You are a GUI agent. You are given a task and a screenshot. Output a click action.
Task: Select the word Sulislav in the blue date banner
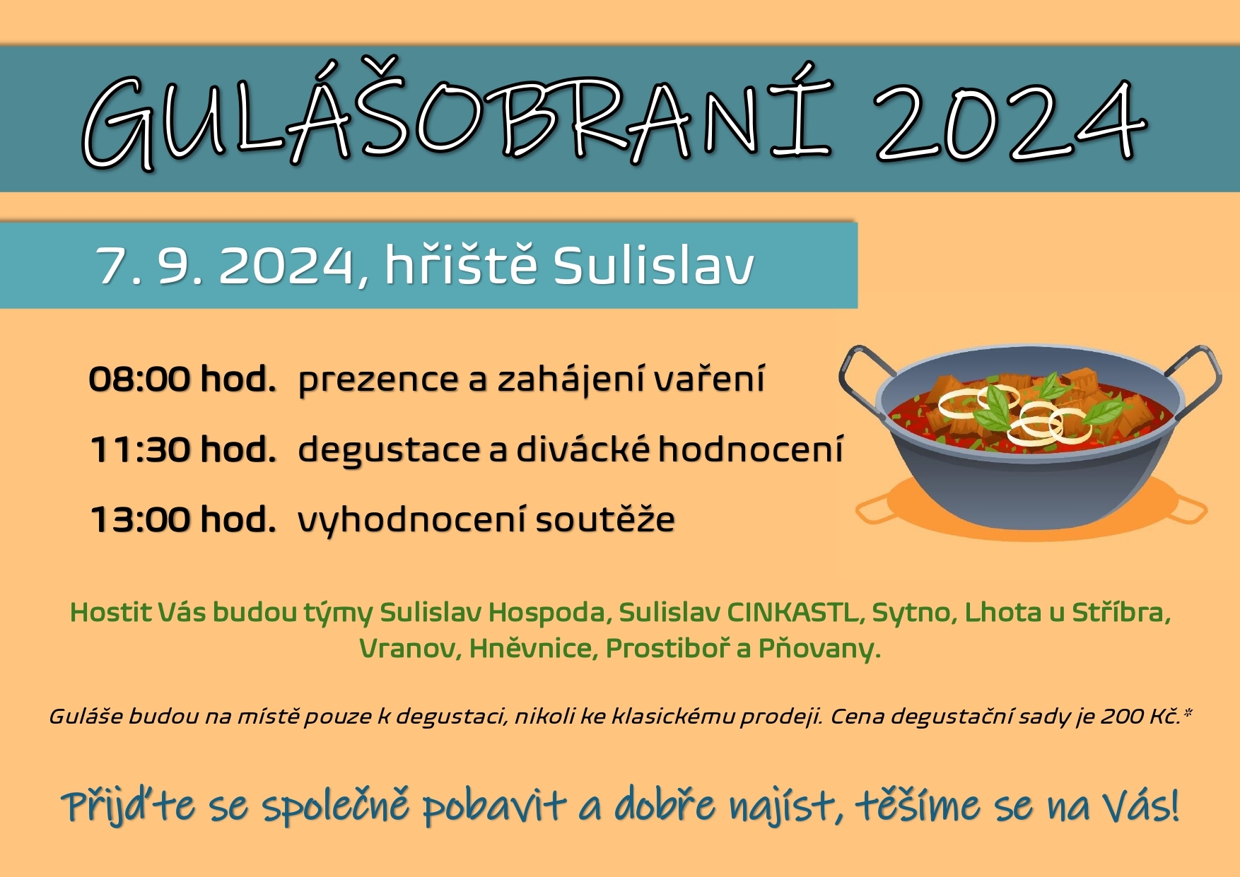pyautogui.click(x=653, y=266)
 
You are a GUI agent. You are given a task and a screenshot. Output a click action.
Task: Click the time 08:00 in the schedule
pyautogui.click(x=139, y=379)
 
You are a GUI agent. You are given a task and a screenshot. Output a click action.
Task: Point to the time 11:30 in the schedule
pyautogui.click(x=140, y=449)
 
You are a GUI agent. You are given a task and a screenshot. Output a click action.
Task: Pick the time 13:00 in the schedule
pyautogui.click(x=140, y=519)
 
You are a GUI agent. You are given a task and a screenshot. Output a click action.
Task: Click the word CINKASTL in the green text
pyautogui.click(x=797, y=613)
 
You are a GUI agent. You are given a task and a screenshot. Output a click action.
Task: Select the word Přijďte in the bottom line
pyautogui.click(x=128, y=806)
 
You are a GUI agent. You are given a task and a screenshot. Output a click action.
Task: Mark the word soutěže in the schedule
pyautogui.click(x=605, y=519)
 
